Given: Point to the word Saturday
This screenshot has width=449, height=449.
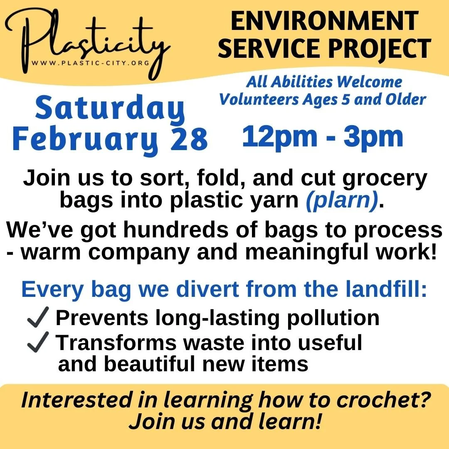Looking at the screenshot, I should click(x=110, y=109).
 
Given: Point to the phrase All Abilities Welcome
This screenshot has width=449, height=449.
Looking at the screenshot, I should click(x=324, y=82).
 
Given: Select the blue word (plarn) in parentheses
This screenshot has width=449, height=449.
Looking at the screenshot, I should click(x=342, y=200).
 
